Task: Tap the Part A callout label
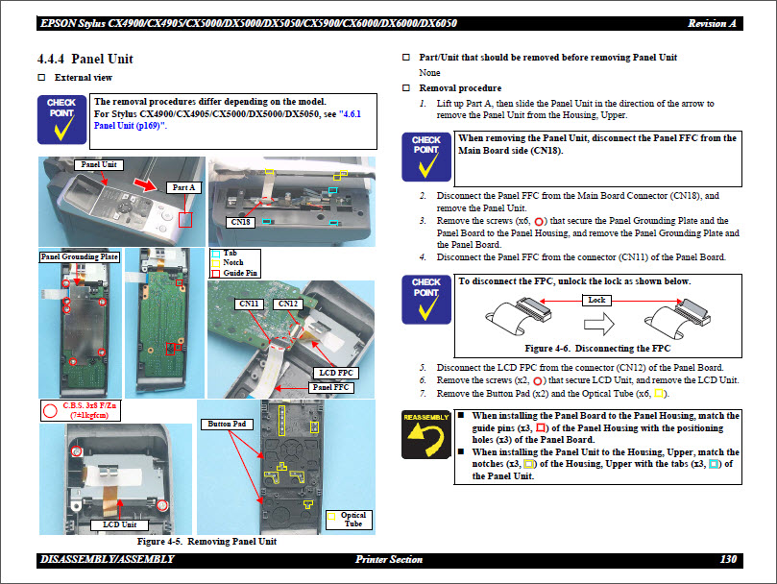pos(182,187)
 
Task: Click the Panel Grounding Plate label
pos(80,256)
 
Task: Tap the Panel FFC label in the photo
pos(329,387)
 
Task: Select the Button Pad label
pos(227,423)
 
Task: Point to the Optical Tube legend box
pos(352,520)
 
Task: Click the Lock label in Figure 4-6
pos(595,300)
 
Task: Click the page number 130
pos(727,559)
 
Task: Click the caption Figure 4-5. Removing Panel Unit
pos(206,542)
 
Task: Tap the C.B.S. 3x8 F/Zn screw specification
pos(87,407)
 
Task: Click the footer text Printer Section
pos(388,559)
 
